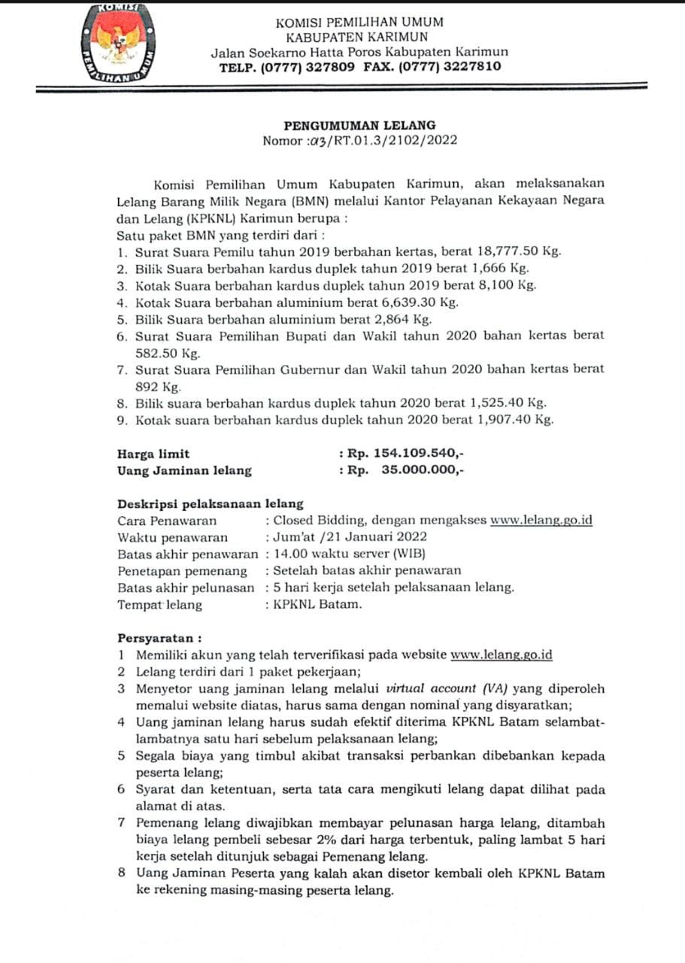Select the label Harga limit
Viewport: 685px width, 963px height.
point(153,454)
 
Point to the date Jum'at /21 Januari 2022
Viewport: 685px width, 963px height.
point(350,537)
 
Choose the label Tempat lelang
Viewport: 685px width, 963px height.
point(159,604)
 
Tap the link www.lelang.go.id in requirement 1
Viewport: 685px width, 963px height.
point(501,655)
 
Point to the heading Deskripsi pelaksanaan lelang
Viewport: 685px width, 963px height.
point(211,504)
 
